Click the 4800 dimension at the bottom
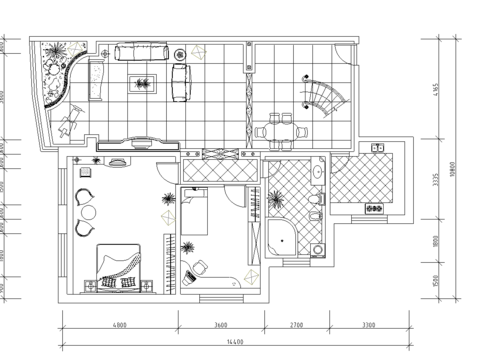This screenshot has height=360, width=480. (119, 325)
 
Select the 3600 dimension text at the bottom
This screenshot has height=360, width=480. (221, 325)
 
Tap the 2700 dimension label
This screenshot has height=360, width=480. (296, 325)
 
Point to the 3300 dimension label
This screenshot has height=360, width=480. (369, 325)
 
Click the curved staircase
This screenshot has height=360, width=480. (326, 96)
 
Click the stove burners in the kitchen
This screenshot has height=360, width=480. (375, 209)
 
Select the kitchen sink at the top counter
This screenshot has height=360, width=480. (379, 149)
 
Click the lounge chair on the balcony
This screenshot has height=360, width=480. (68, 125)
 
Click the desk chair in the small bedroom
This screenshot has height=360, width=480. (198, 265)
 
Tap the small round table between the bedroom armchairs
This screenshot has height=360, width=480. (88, 212)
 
